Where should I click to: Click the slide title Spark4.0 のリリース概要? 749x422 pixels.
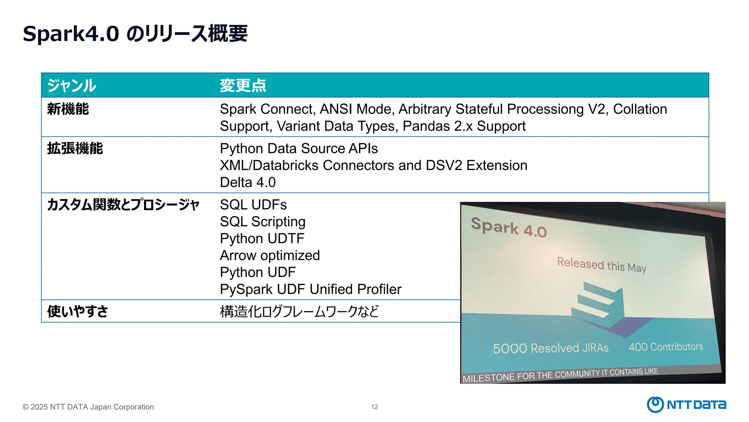click(135, 34)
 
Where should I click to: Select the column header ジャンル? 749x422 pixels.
click(72, 86)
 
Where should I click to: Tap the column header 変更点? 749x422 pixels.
click(243, 86)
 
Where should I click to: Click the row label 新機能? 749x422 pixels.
click(68, 109)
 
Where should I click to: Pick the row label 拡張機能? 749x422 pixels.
click(75, 149)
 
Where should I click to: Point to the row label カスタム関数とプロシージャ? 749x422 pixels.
click(123, 205)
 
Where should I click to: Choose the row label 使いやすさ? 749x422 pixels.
click(78, 311)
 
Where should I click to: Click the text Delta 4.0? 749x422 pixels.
click(248, 182)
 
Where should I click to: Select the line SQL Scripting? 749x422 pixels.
click(263, 222)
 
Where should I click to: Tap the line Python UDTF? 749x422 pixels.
click(262, 238)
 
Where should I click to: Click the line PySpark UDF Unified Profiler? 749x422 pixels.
click(310, 289)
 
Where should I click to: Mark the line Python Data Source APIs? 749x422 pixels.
click(299, 149)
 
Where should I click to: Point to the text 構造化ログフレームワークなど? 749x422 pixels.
click(299, 311)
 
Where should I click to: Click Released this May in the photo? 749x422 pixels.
click(602, 265)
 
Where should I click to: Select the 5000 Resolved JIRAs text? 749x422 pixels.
click(550, 348)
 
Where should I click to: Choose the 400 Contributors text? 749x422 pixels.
click(666, 347)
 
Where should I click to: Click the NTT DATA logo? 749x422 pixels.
click(686, 404)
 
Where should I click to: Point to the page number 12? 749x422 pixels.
click(374, 407)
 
